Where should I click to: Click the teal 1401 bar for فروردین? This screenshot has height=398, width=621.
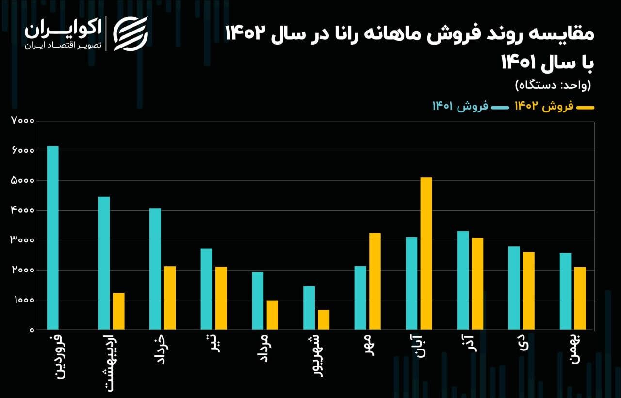coord(52,238)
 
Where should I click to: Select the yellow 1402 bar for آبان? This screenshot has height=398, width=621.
coord(426,254)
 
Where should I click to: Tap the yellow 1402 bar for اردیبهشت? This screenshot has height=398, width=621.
coord(118,311)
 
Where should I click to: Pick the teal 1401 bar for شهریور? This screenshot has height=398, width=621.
coord(309,308)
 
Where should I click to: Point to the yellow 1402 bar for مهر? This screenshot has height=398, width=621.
coord(375,281)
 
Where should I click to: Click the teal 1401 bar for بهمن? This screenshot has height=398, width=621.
coord(565,291)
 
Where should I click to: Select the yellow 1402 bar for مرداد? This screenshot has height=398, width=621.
coord(272,315)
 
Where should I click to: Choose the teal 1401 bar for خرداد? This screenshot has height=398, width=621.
coord(155,269)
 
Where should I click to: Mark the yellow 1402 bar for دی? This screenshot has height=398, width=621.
coord(528,291)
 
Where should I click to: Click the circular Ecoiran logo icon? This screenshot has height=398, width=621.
coord(130,33)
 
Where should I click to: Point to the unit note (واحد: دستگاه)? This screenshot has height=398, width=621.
coord(553,85)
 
